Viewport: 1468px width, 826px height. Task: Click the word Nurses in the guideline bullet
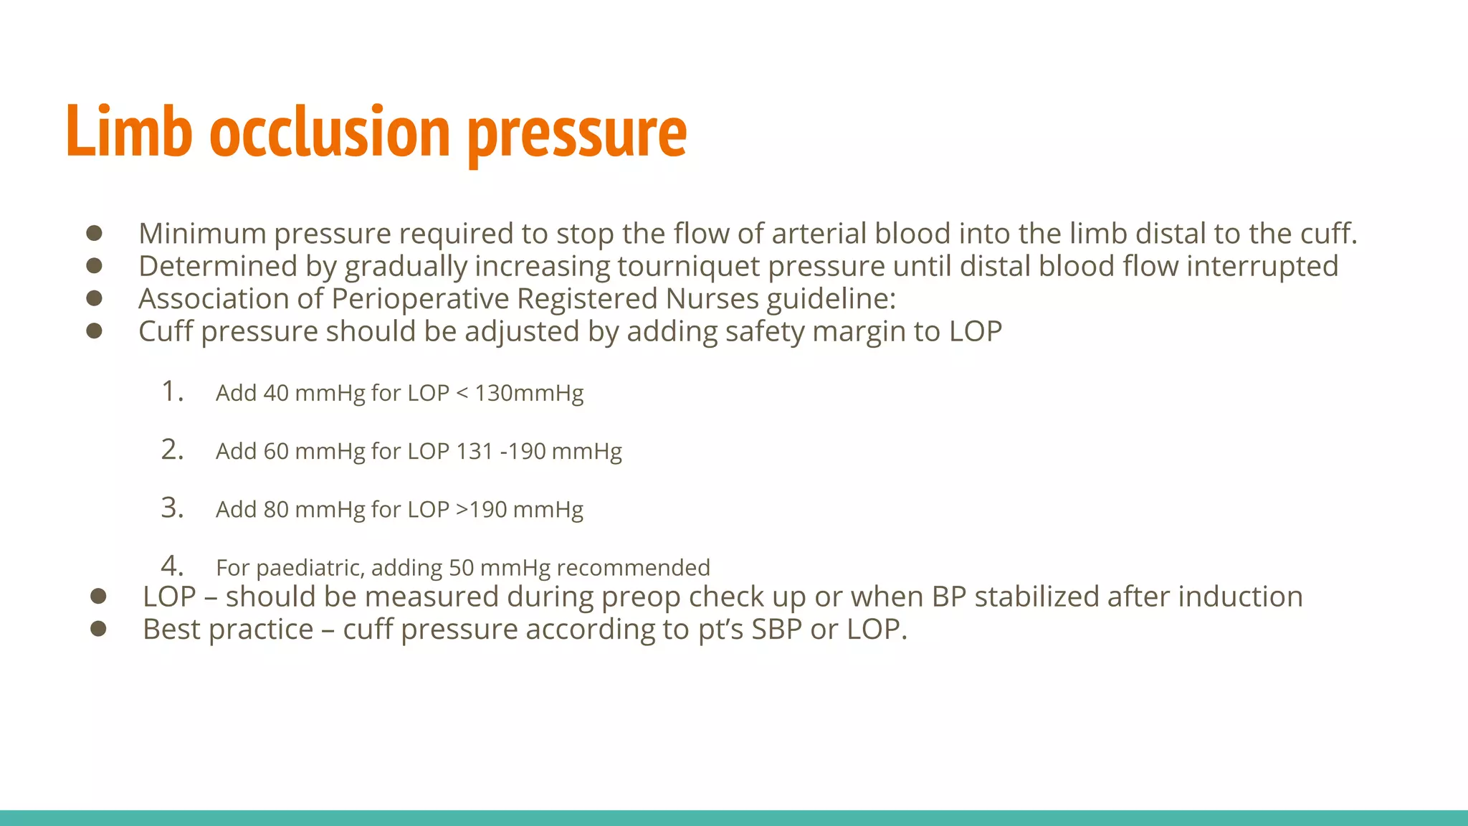pyautogui.click(x=711, y=299)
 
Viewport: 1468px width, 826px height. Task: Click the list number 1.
pyautogui.click(x=172, y=391)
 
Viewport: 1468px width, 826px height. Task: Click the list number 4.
pyautogui.click(x=172, y=566)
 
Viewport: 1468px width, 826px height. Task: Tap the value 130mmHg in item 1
pyautogui.click(x=529, y=393)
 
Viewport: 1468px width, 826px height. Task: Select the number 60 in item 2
pyautogui.click(x=276, y=451)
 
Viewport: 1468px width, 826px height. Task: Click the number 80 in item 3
pyautogui.click(x=276, y=509)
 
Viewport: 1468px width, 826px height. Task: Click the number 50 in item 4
pyautogui.click(x=461, y=568)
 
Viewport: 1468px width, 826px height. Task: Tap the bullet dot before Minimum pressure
pyautogui.click(x=94, y=233)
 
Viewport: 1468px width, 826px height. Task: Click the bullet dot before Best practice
pyautogui.click(x=98, y=629)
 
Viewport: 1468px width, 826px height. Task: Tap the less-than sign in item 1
pyautogui.click(x=462, y=393)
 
